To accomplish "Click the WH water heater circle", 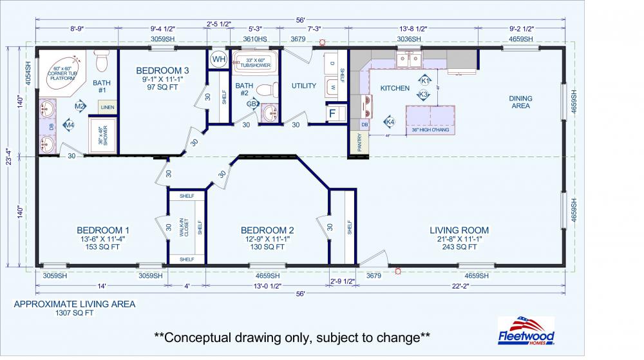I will pos(219,59).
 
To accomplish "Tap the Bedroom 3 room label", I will pos(162,71).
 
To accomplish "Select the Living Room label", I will pos(459,230).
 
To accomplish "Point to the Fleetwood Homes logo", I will pos(526,330).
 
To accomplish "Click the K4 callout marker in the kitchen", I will pos(389,122).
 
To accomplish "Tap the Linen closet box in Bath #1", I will pos(108,107).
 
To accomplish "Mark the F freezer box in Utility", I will pos(332,114).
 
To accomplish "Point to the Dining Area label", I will pos(520,102).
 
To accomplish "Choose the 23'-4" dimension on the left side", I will pos(8,156).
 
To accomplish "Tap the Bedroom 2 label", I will pos(267,230).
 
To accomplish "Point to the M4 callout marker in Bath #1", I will pos(69,124).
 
